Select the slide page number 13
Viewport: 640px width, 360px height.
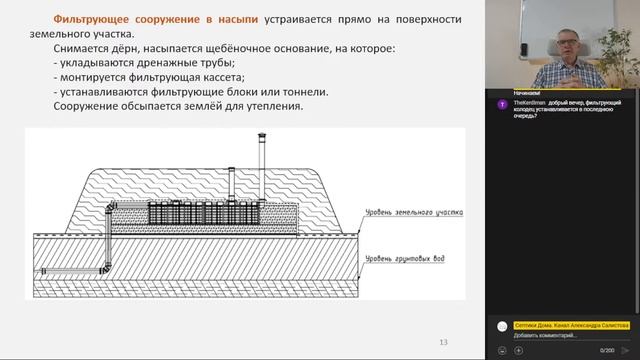coord(444,343)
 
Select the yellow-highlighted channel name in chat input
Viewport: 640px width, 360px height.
coord(571,325)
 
